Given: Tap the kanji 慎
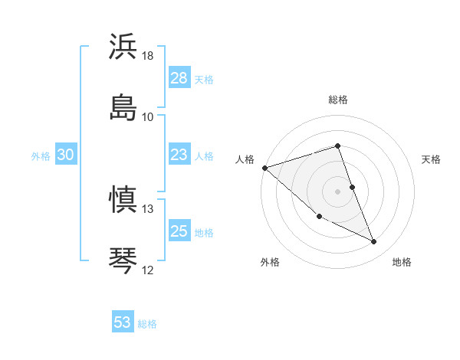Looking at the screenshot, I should (x=123, y=200).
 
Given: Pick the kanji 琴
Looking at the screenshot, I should (x=123, y=260).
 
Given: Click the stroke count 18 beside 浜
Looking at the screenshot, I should (x=148, y=57).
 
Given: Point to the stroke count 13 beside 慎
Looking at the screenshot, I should (x=148, y=209).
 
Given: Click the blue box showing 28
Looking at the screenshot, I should (x=179, y=78).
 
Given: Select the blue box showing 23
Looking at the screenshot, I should (x=179, y=155).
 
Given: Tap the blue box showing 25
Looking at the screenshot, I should (x=179, y=231).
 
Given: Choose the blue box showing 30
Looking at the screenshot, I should (x=66, y=155).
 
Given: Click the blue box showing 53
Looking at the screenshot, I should (x=123, y=322).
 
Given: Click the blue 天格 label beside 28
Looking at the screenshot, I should (x=204, y=80).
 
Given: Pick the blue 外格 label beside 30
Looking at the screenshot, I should (x=41, y=156).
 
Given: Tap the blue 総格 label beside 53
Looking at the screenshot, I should (x=147, y=324).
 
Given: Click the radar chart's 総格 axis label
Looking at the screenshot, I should (x=338, y=100).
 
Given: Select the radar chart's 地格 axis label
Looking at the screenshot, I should (x=402, y=263).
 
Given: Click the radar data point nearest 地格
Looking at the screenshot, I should (x=374, y=242).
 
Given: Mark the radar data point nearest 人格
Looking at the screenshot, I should (x=264, y=168).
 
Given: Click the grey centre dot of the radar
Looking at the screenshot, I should (x=338, y=191).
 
